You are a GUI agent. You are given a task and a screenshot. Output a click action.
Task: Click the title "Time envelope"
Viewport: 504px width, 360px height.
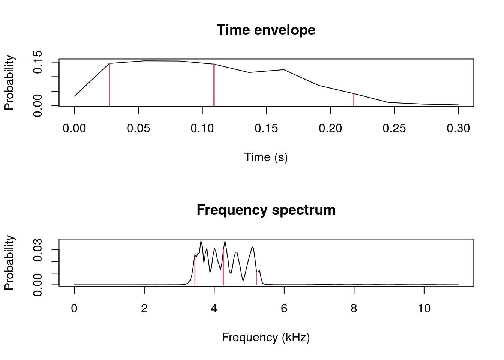pyautogui.click(x=266, y=30)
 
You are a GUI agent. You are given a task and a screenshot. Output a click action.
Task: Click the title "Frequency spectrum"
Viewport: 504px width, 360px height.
pyautogui.click(x=266, y=210)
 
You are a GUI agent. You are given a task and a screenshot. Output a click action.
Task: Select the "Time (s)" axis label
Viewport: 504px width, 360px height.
pyautogui.click(x=266, y=157)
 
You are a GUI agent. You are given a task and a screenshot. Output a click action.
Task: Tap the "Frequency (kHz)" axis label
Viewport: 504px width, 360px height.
pyautogui.click(x=266, y=337)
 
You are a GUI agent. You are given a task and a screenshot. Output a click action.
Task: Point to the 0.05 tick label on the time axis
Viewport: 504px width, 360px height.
pyautogui.click(x=138, y=129)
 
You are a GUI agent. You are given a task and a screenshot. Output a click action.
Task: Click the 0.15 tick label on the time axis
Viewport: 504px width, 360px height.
pyautogui.click(x=266, y=129)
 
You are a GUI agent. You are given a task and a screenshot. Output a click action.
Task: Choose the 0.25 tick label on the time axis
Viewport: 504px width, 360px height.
pyautogui.click(x=394, y=129)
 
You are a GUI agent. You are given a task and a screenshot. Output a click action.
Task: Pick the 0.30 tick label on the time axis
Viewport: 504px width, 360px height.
pyautogui.click(x=458, y=129)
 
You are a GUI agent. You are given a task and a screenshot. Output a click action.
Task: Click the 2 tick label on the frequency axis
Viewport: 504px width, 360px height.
pyautogui.click(x=144, y=309)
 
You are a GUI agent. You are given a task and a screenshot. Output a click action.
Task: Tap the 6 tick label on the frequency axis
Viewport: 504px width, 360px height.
pyautogui.click(x=284, y=309)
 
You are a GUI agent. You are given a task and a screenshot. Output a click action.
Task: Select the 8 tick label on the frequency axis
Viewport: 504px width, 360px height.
pyautogui.click(x=354, y=309)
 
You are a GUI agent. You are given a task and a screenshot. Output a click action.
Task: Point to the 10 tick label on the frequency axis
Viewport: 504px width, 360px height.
pyautogui.click(x=424, y=309)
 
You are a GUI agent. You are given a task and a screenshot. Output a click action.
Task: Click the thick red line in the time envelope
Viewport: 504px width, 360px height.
pyautogui.click(x=214, y=85)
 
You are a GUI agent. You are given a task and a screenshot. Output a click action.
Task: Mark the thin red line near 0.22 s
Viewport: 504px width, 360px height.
pyautogui.click(x=354, y=100)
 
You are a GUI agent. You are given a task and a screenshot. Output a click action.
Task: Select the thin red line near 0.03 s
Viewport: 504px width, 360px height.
pyautogui.click(x=109, y=85)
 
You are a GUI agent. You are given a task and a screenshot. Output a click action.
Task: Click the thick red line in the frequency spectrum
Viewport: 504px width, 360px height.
pyautogui.click(x=223, y=267)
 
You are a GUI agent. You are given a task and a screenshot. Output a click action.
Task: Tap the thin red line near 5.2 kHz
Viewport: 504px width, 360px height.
pyautogui.click(x=256, y=278)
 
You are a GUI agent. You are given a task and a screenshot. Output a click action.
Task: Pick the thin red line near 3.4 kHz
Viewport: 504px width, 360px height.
pyautogui.click(x=195, y=270)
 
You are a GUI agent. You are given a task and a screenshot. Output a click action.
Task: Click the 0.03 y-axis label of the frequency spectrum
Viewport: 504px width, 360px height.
pyautogui.click(x=37, y=249)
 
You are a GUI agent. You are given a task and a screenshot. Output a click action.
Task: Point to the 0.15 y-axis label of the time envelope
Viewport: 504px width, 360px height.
pyautogui.click(x=37, y=62)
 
